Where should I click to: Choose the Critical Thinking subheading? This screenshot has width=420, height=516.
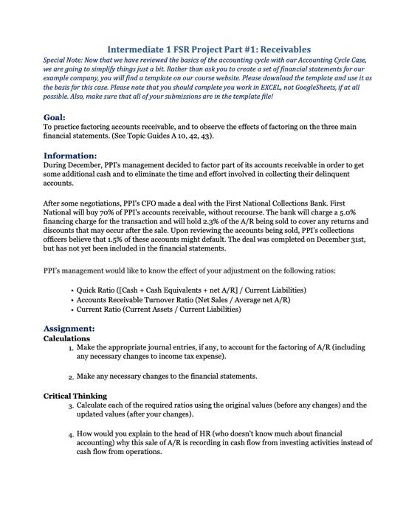coord(75,395)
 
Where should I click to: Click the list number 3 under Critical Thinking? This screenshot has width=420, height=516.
coord(70,406)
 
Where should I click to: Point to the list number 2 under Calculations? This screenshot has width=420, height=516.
coord(70,377)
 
